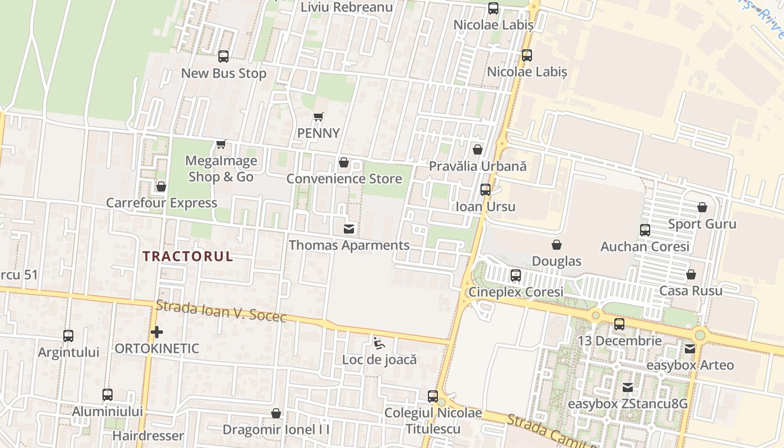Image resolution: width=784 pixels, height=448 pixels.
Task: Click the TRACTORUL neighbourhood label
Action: (x=187, y=257)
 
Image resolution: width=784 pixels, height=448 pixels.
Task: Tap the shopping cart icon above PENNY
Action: (x=319, y=117)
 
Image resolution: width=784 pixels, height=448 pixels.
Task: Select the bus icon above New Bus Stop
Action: (x=223, y=57)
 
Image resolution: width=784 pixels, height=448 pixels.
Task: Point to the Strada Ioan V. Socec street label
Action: (x=221, y=311)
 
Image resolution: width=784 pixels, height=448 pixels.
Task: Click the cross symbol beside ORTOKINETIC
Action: (x=157, y=332)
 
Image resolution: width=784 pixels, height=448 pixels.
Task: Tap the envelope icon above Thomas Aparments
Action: (x=349, y=228)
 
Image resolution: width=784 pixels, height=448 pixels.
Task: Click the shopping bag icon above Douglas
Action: (x=557, y=245)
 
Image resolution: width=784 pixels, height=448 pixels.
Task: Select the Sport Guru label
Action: (x=702, y=224)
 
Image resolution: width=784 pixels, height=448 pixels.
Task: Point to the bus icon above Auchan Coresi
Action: (x=645, y=230)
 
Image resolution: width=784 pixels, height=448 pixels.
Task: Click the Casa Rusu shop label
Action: (x=690, y=291)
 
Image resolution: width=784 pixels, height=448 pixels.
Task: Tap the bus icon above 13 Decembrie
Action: (x=619, y=324)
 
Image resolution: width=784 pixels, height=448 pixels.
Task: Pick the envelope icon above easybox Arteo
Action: (x=690, y=348)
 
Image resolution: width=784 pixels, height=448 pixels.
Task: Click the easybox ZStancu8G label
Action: (x=628, y=404)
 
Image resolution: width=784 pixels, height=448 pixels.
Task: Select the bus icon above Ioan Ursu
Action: (x=486, y=190)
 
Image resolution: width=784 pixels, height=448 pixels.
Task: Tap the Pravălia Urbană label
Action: (x=478, y=166)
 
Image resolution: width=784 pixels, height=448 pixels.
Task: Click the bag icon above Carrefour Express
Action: (x=161, y=186)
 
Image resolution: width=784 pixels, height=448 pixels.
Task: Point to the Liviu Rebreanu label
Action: (x=347, y=7)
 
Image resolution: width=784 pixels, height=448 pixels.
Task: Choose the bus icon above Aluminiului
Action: (x=108, y=395)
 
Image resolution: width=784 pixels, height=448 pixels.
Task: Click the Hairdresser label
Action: (x=148, y=435)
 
